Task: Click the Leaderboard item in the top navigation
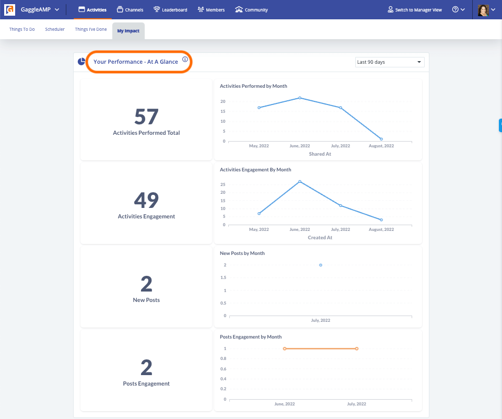[x=170, y=10]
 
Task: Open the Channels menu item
[x=130, y=10]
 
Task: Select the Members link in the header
[x=211, y=10]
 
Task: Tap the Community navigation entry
[x=251, y=10]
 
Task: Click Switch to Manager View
[x=415, y=10]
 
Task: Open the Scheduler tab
[x=55, y=29]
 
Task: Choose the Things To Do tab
[x=22, y=29]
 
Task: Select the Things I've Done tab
[x=91, y=29]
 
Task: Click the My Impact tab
[x=128, y=31]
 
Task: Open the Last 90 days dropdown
[x=389, y=62]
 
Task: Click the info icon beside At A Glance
[x=185, y=60]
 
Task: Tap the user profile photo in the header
[x=483, y=10]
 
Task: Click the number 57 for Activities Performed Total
[x=146, y=117]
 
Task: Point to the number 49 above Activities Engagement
[x=146, y=201]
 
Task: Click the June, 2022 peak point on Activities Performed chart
[x=300, y=98]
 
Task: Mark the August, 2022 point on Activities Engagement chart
[x=381, y=220]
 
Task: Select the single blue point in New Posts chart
[x=321, y=265]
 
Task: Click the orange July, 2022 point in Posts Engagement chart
[x=357, y=348]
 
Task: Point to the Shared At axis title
[x=320, y=154]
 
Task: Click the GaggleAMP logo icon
[x=10, y=10]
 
